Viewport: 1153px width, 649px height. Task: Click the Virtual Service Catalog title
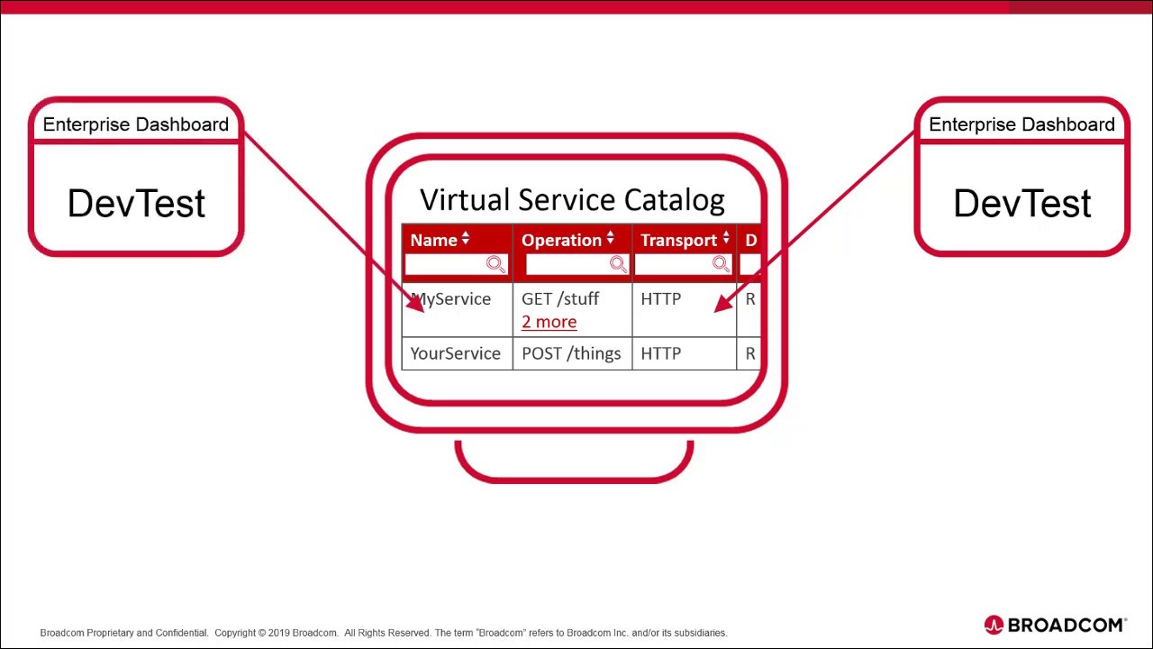click(572, 200)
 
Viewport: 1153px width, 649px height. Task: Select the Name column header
click(433, 240)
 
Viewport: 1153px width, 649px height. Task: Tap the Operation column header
click(561, 240)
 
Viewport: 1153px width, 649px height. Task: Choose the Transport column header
click(678, 240)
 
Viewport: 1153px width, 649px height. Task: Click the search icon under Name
click(495, 264)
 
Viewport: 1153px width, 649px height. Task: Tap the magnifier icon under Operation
click(617, 264)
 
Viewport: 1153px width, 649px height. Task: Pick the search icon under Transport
click(720, 264)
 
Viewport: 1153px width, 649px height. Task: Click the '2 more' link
click(549, 322)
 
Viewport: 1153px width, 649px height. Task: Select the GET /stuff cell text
click(559, 298)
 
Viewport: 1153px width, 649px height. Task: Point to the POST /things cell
click(571, 353)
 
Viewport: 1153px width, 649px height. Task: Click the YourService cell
click(455, 353)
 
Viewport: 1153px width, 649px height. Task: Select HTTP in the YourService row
click(660, 353)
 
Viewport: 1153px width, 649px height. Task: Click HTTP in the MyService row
click(660, 299)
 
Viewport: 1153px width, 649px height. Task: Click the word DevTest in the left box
click(136, 204)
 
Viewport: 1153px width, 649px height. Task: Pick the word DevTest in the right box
click(1022, 204)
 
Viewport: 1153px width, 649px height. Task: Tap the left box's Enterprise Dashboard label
click(136, 124)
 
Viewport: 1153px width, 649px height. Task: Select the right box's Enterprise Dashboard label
click(1021, 124)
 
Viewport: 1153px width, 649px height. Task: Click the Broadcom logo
click(1055, 625)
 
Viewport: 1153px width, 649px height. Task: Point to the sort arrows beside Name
click(466, 238)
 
